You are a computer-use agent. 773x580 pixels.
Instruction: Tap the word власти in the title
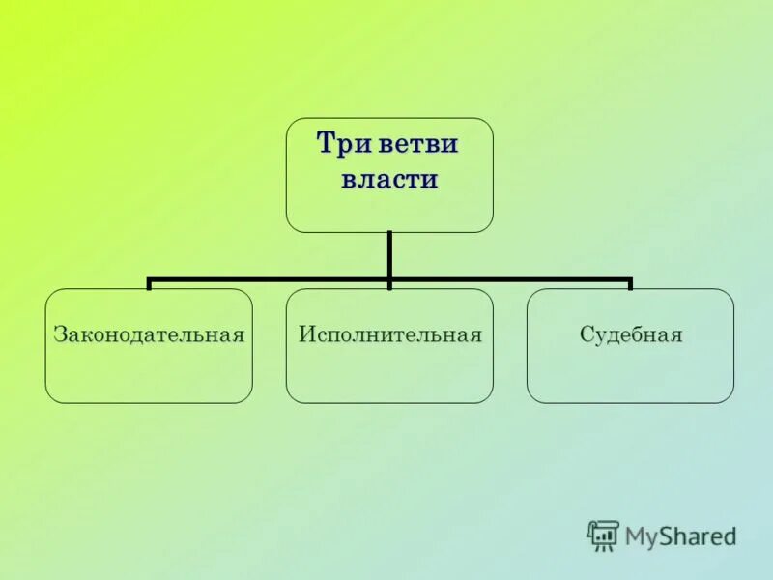[389, 180]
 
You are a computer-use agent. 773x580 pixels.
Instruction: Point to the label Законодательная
[149, 335]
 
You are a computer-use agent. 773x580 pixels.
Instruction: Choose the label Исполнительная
[389, 335]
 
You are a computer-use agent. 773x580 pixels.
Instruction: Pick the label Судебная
[631, 335]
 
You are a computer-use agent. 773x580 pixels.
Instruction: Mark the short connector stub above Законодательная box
[149, 284]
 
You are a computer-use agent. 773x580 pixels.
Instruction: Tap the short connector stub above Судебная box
[630, 284]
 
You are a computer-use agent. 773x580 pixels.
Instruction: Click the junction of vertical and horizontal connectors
[389, 280]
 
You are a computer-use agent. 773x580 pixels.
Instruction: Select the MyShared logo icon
[603, 535]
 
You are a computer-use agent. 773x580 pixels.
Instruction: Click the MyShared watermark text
[680, 536]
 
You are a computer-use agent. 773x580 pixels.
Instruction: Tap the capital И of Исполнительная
[305, 335]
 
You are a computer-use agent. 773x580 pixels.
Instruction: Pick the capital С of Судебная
[586, 335]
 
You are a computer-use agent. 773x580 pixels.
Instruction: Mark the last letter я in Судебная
[677, 336]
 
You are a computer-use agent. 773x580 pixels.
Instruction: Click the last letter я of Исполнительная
[475, 336]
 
